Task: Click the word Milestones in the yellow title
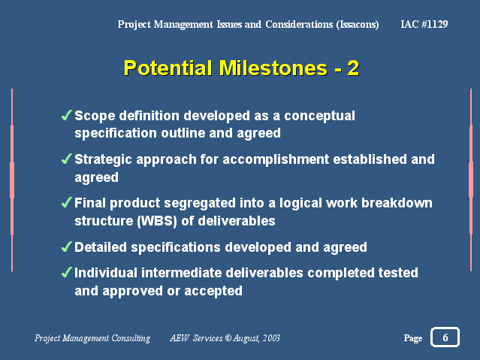tap(273, 68)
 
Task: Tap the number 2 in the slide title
tap(353, 68)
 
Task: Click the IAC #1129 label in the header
tap(424, 24)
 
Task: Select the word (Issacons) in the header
tap(358, 24)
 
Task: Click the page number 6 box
tap(445, 337)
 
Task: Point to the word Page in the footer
tap(413, 338)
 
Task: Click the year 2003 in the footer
tap(271, 337)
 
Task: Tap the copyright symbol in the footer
tap(228, 337)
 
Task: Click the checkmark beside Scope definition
tap(66, 115)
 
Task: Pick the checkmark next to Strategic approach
tap(66, 159)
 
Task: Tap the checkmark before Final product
tap(66, 202)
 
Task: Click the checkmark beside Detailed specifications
tap(66, 247)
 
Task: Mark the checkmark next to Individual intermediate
tap(66, 272)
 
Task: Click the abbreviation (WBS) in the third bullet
tap(157, 221)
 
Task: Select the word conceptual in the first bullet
tap(319, 116)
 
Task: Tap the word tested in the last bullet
tap(398, 273)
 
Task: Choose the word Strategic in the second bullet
tap(103, 160)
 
